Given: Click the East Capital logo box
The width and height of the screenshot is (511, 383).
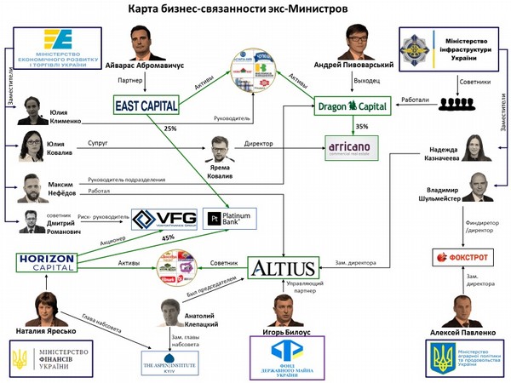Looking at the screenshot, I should tap(146, 106).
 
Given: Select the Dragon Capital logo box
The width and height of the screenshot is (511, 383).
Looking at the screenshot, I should tap(350, 106).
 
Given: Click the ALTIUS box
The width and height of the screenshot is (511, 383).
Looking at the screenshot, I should tap(282, 268).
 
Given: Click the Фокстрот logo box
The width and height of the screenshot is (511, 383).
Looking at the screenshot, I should tap(460, 256).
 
